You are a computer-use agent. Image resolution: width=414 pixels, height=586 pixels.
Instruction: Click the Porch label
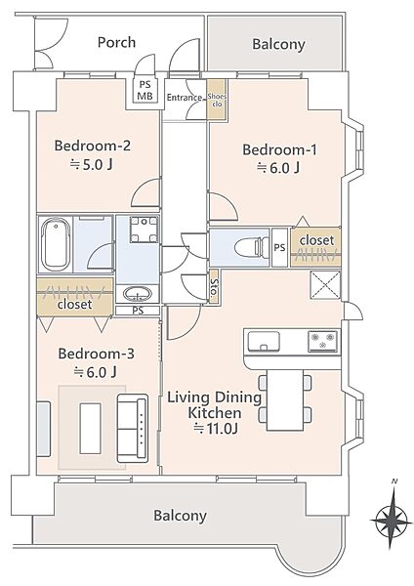pos(116,43)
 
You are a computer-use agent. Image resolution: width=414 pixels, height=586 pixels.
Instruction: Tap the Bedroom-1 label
pos(279,149)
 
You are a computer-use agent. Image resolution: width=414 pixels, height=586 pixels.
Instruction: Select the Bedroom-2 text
pos(93,146)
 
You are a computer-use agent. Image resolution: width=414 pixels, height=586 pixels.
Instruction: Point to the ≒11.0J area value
pos(215,429)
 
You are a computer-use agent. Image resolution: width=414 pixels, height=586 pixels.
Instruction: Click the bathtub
pos(56,244)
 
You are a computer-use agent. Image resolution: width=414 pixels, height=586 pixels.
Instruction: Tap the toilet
pos(252,248)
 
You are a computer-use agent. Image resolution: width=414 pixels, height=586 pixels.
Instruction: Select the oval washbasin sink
pos(138,293)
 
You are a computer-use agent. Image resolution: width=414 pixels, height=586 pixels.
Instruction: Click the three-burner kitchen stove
pos(323,341)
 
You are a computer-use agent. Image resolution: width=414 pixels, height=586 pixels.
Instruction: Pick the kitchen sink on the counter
pos(264,341)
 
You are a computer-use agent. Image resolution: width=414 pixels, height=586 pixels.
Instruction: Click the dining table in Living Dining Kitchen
pos(285,400)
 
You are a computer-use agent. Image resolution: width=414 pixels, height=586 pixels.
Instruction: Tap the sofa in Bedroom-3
pos(133,428)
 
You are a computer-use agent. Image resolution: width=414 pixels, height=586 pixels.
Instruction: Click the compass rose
pos(392,520)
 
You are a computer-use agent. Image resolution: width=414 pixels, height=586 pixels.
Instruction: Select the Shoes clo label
pos(217,101)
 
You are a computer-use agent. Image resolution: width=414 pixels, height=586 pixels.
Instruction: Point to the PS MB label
pos(145,91)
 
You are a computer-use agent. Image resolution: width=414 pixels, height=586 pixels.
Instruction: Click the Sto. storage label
pos(214,286)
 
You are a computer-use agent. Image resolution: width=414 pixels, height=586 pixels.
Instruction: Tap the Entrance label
pos(185,98)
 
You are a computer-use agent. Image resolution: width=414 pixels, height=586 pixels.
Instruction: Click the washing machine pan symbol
pos(144,230)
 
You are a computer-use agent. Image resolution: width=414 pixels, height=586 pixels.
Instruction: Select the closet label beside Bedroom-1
pos(316,240)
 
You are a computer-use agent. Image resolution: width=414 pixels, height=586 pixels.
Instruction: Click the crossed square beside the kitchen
pos(326,285)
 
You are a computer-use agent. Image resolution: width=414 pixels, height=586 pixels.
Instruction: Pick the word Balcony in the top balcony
pos(278,45)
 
